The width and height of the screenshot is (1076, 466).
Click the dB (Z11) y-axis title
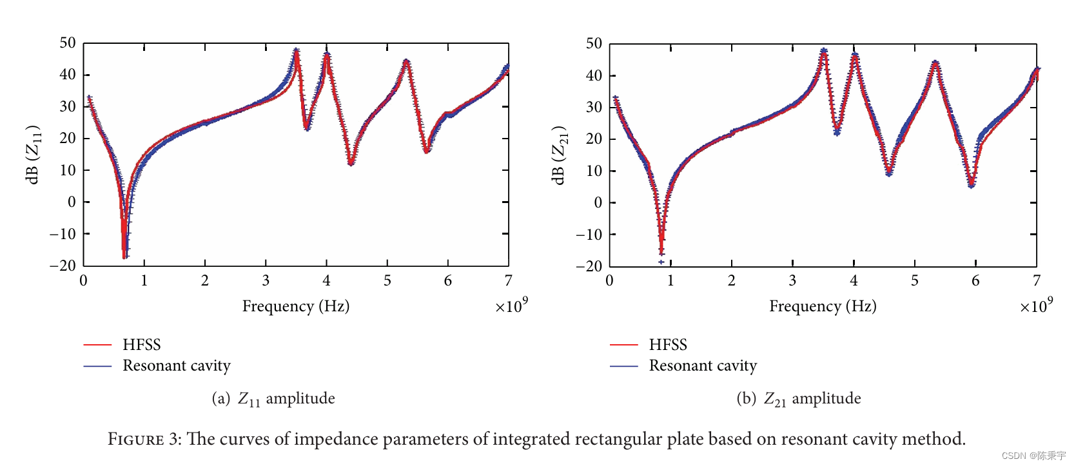(x=34, y=154)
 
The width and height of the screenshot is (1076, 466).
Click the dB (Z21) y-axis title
(x=560, y=155)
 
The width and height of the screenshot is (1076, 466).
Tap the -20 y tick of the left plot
(x=63, y=265)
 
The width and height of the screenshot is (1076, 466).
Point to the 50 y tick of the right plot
(x=593, y=43)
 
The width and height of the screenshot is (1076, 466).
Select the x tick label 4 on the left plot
(x=326, y=280)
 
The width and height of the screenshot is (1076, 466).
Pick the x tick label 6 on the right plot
(x=975, y=280)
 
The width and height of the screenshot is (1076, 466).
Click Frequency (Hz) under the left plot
(x=295, y=306)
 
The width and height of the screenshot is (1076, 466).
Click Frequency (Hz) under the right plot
(x=823, y=306)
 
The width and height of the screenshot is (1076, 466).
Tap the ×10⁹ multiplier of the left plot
(x=511, y=306)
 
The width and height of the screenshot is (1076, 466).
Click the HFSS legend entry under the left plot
(x=141, y=344)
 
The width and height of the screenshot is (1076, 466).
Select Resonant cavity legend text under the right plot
(x=703, y=365)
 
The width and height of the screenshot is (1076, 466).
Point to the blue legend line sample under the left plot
(x=97, y=366)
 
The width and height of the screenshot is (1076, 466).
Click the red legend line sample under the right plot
(x=623, y=345)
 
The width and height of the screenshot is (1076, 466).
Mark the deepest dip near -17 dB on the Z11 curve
(x=124, y=256)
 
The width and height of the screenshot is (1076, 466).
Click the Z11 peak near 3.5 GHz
(x=296, y=51)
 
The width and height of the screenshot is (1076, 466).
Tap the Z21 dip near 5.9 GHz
(x=972, y=185)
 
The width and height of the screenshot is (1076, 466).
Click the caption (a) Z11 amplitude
(x=273, y=398)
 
